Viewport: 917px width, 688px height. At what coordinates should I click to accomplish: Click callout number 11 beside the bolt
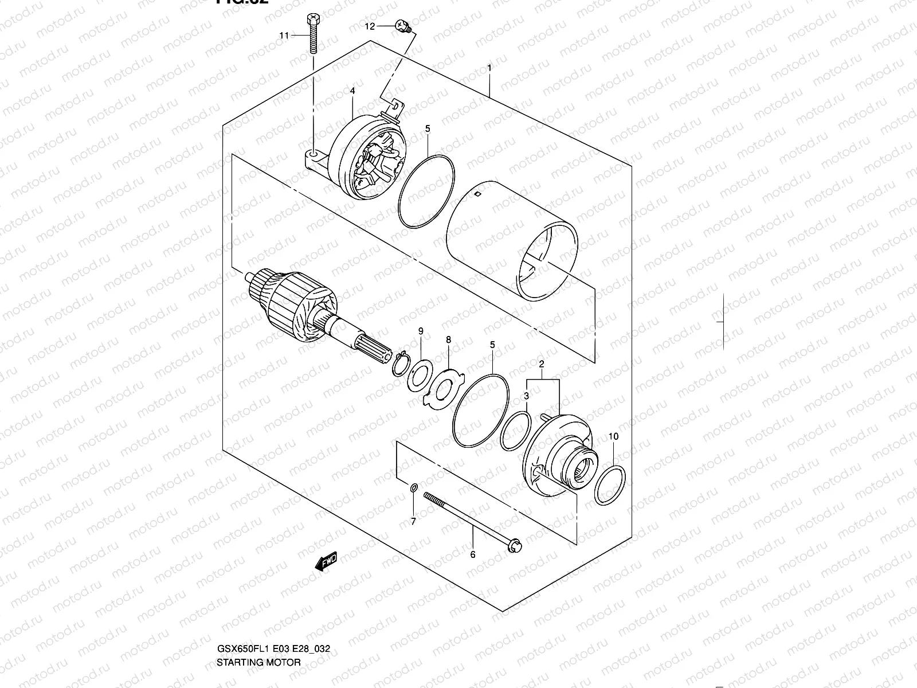click(x=284, y=36)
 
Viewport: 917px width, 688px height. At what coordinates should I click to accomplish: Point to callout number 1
click(x=489, y=68)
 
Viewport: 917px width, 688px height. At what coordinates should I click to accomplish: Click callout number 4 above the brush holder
click(x=352, y=91)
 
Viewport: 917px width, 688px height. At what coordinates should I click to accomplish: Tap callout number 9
click(x=421, y=331)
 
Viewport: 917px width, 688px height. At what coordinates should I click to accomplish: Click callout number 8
click(x=449, y=340)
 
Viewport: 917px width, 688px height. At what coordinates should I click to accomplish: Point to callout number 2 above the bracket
click(x=541, y=364)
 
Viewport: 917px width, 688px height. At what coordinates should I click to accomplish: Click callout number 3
click(x=526, y=396)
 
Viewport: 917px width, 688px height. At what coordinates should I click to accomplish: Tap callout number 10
click(x=613, y=436)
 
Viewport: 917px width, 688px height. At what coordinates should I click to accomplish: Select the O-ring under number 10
click(x=609, y=485)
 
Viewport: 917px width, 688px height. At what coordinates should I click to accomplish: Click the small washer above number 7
click(x=413, y=488)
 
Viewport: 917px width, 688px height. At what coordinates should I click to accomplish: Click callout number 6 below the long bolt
click(x=473, y=554)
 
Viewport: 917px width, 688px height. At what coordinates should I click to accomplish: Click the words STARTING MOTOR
click(x=258, y=662)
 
